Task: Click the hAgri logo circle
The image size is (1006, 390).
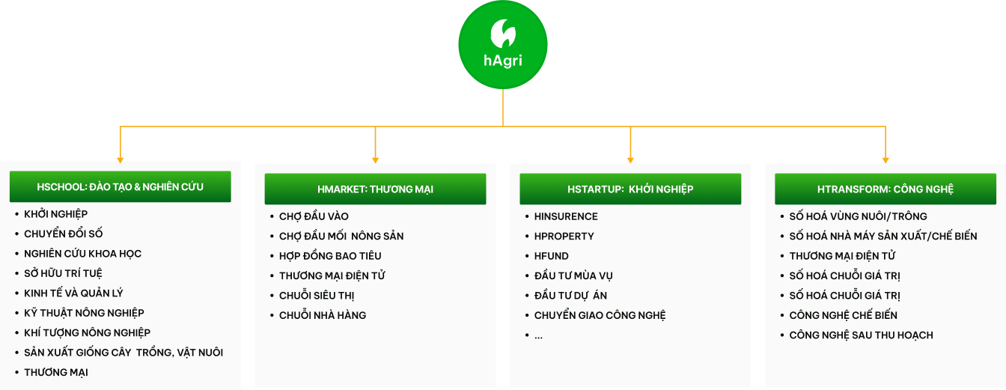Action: tap(502, 46)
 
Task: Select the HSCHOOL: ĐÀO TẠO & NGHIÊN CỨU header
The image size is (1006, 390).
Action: tap(120, 186)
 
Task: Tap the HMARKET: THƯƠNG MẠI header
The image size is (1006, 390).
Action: tap(375, 189)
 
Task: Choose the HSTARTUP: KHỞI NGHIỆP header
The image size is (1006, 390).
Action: tap(630, 189)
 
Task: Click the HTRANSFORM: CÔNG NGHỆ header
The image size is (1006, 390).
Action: tap(885, 189)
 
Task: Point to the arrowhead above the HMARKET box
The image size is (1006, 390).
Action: tap(376, 159)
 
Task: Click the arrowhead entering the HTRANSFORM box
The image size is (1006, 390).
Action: tap(885, 159)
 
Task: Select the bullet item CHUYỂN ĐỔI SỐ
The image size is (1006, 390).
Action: tap(63, 234)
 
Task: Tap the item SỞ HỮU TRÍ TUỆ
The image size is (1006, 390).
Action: tap(63, 273)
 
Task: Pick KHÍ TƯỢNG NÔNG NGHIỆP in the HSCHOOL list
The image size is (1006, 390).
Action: tap(87, 332)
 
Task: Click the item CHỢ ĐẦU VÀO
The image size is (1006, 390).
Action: tap(314, 216)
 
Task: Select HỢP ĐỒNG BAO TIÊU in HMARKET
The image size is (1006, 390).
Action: tap(330, 256)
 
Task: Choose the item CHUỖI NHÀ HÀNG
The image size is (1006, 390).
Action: tap(323, 315)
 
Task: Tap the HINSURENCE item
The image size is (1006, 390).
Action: tap(566, 216)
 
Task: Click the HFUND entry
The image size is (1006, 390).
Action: tap(552, 256)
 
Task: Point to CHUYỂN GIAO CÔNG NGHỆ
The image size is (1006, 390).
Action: tap(600, 315)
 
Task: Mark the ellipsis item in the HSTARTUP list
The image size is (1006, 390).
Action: tap(538, 335)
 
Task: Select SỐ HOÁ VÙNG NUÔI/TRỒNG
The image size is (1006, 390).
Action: tap(858, 216)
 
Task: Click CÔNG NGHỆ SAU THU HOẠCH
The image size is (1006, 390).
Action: tap(861, 335)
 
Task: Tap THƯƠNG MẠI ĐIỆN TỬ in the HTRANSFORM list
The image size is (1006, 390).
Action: tap(842, 256)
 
